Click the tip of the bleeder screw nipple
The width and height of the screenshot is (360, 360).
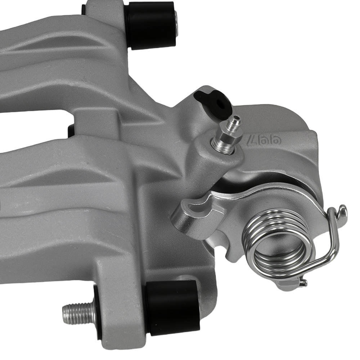click(x=236, y=118)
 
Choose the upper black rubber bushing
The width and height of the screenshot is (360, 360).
click(x=151, y=25)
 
